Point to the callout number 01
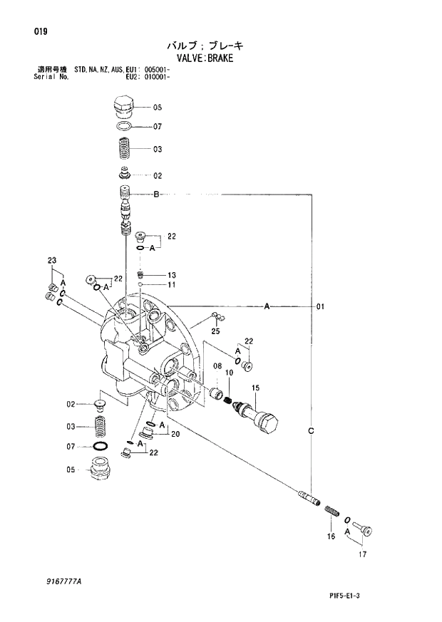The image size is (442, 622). [x=320, y=307]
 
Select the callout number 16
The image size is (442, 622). [x=331, y=537]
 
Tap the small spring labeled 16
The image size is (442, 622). [x=331, y=510]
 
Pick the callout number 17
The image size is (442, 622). [x=363, y=554]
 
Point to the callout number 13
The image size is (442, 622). [x=171, y=275]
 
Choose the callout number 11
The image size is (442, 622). [x=171, y=285]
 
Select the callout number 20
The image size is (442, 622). [x=175, y=434]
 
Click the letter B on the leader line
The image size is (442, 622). [x=155, y=195]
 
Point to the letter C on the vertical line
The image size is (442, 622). [x=312, y=431]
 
